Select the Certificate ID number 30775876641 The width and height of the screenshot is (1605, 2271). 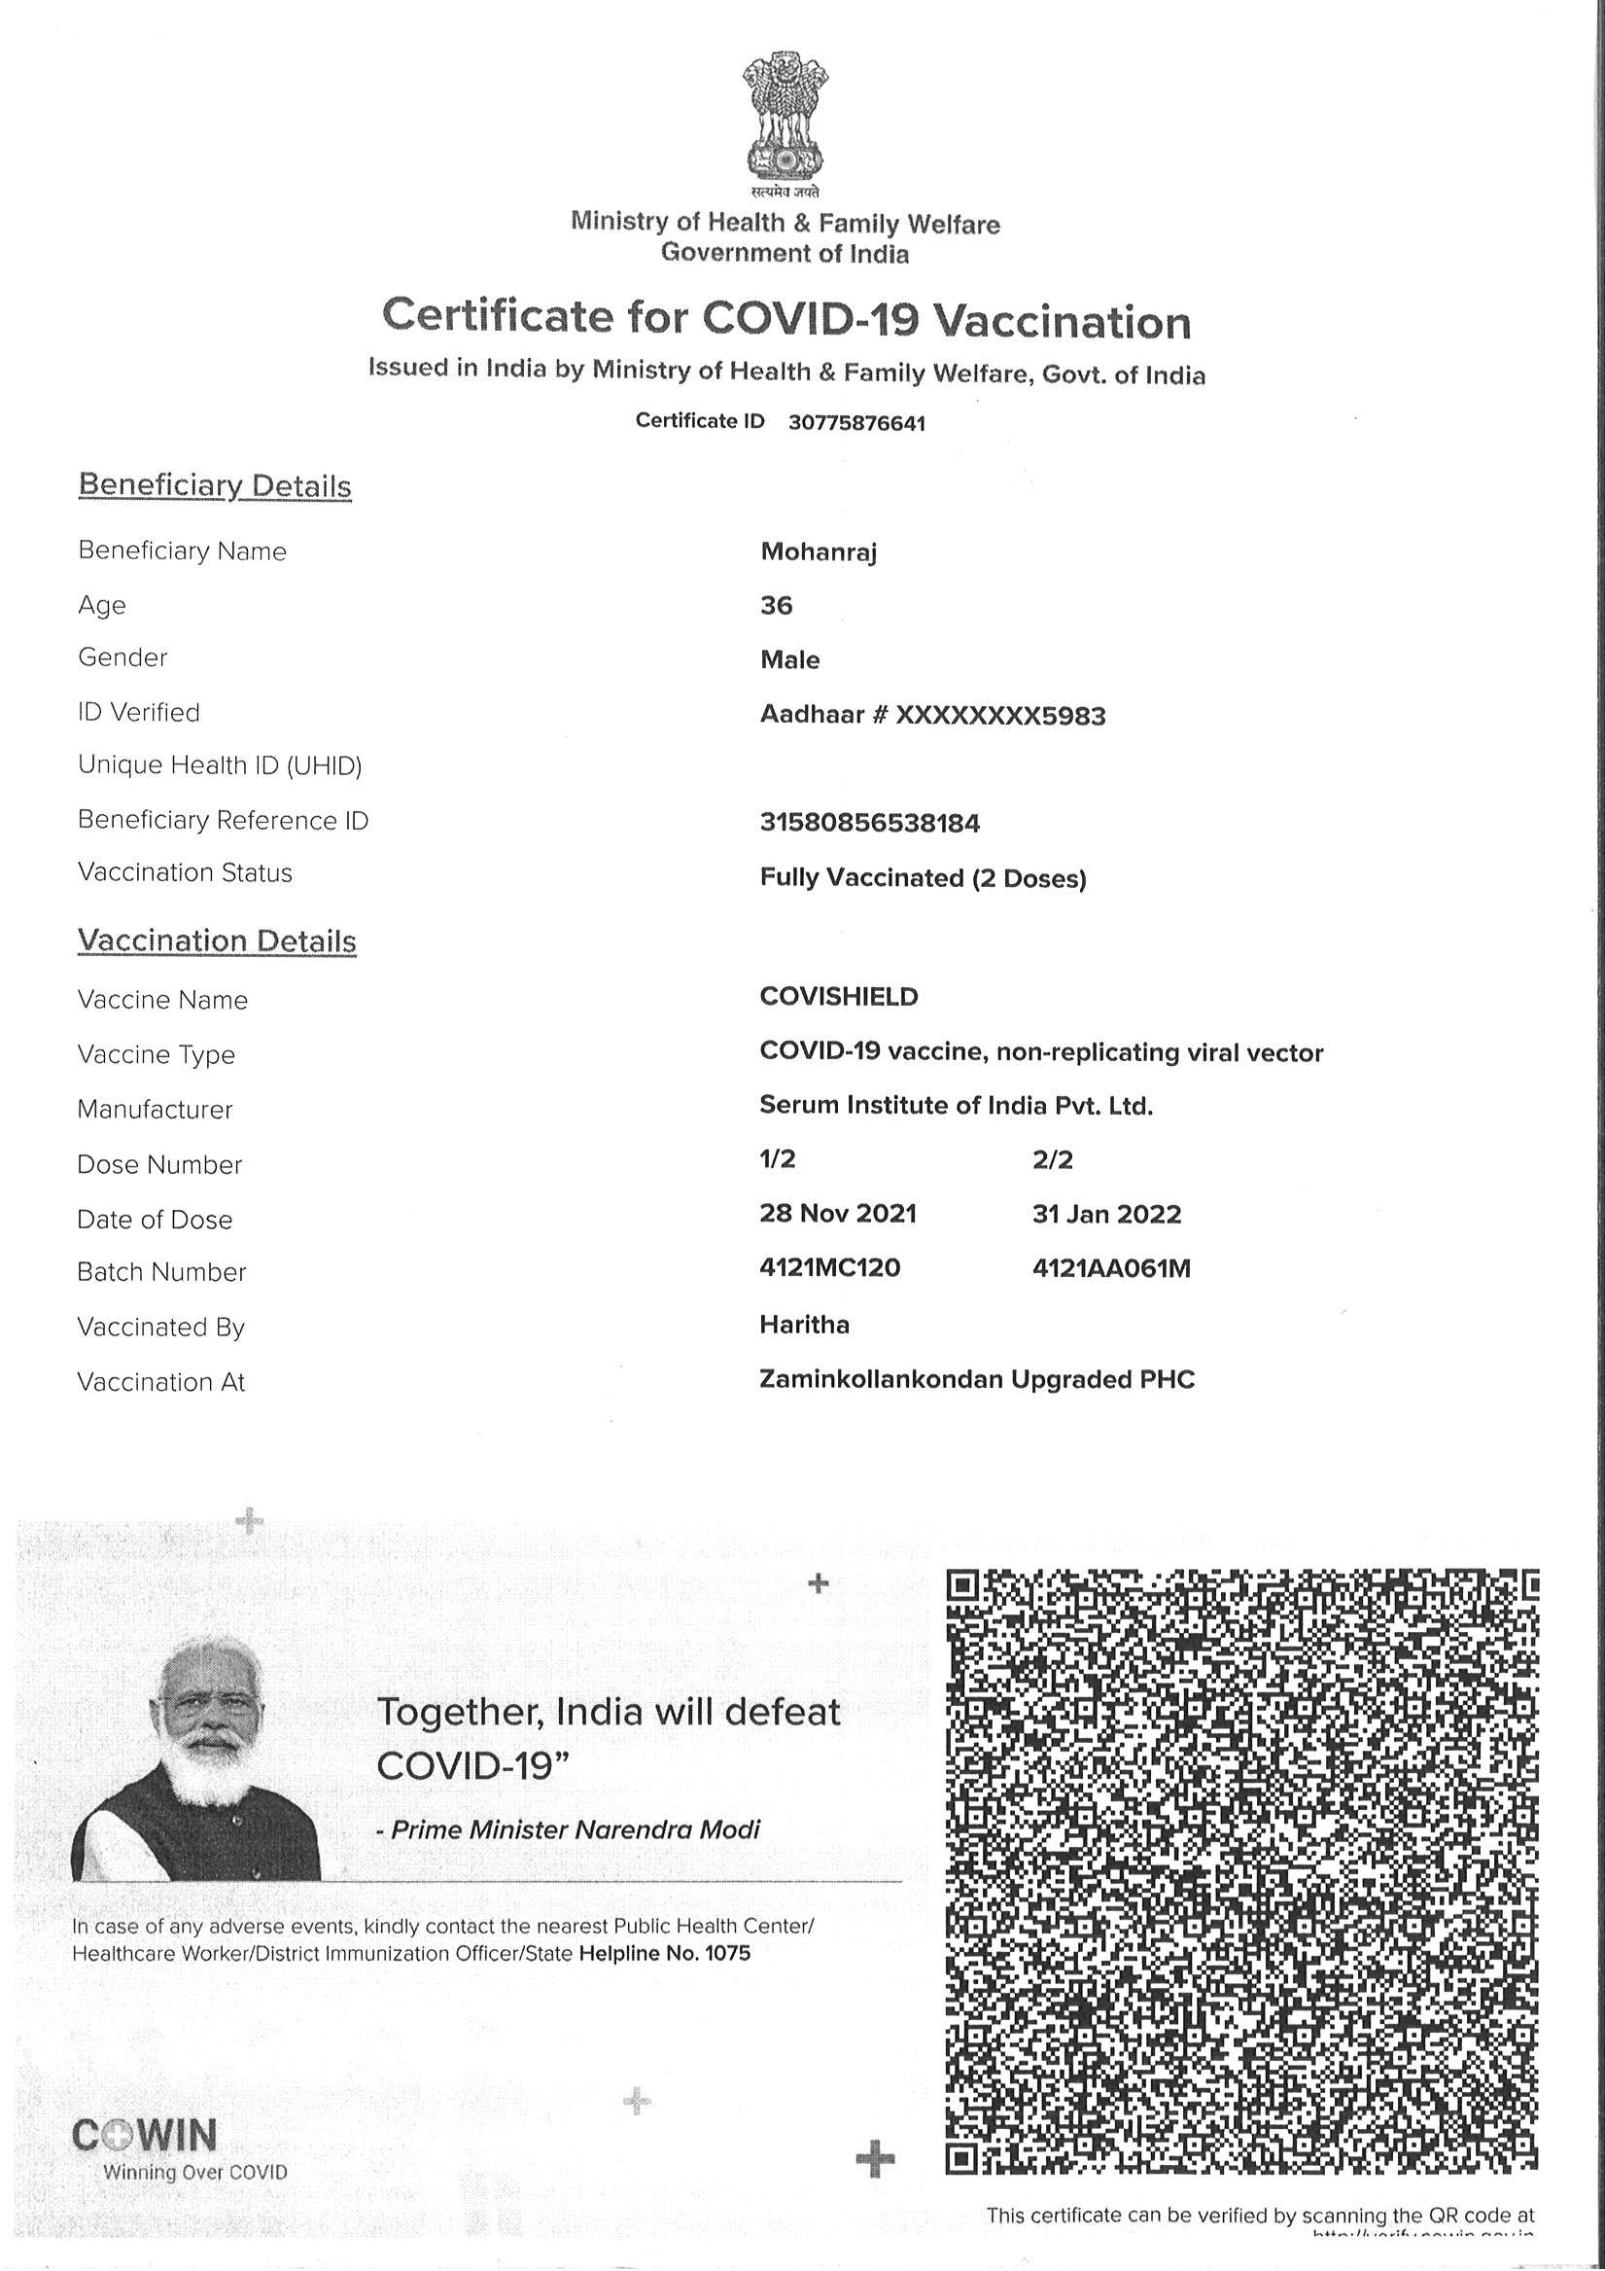856,423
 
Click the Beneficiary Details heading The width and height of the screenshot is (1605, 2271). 215,485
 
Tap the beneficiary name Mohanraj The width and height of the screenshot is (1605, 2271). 818,551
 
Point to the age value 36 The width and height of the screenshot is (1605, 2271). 777,605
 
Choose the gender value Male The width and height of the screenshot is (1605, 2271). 789,659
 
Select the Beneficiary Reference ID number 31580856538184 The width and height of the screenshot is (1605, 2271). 869,823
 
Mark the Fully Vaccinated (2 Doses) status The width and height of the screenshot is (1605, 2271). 923,878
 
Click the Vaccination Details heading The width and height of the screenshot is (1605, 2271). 217,940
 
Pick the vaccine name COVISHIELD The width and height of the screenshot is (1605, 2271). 839,997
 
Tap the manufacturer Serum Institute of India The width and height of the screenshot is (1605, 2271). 956,1106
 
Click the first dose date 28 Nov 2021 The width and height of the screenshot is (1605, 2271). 838,1214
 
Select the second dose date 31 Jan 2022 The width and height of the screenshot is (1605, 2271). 1106,1214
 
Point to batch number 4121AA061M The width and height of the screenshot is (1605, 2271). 1110,1268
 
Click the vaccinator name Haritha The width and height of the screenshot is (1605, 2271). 804,1325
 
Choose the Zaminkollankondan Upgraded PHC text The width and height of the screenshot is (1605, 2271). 977,1379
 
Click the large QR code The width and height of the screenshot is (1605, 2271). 1241,1869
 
